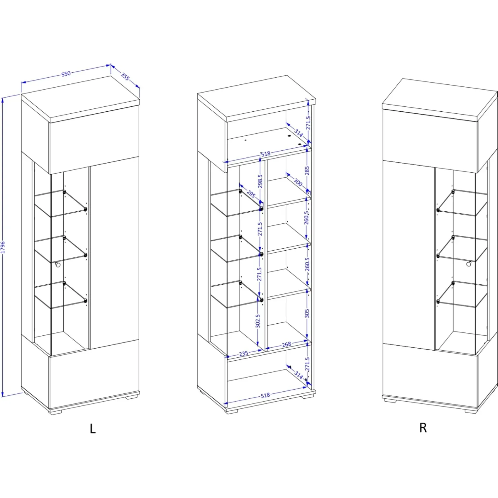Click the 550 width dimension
[x=66, y=74]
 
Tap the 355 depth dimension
[x=125, y=76]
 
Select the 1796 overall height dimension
[x=3, y=247]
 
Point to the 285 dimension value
[x=307, y=170]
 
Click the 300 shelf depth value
[x=298, y=182]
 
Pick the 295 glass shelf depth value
[x=251, y=194]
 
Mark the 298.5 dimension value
[x=260, y=181]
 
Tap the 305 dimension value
[x=307, y=314]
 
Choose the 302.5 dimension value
[x=258, y=321]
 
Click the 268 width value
[x=287, y=344]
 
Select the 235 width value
[x=244, y=353]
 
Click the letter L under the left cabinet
[x=93, y=428]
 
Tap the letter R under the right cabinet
[x=423, y=428]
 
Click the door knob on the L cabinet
[x=58, y=264]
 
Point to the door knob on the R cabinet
[x=469, y=264]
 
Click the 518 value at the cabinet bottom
[x=265, y=395]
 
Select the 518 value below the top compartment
[x=265, y=154]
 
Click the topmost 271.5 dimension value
[x=308, y=123]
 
